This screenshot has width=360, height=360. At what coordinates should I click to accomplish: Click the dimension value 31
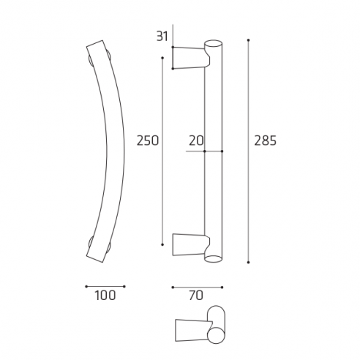162,34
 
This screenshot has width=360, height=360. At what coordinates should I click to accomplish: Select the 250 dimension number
148,140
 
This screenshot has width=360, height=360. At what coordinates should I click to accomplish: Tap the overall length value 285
265,140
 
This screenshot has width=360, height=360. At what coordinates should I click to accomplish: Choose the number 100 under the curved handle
105,296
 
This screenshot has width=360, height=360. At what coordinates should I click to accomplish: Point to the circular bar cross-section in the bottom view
215,334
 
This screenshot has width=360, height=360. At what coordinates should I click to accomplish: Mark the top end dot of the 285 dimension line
249,40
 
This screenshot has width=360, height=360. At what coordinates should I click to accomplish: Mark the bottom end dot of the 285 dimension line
249,261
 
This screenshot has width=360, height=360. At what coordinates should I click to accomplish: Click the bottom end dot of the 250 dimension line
162,244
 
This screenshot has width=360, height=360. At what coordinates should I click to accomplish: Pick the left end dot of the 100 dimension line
86,285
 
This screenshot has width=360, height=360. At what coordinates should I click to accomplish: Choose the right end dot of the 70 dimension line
222,285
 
